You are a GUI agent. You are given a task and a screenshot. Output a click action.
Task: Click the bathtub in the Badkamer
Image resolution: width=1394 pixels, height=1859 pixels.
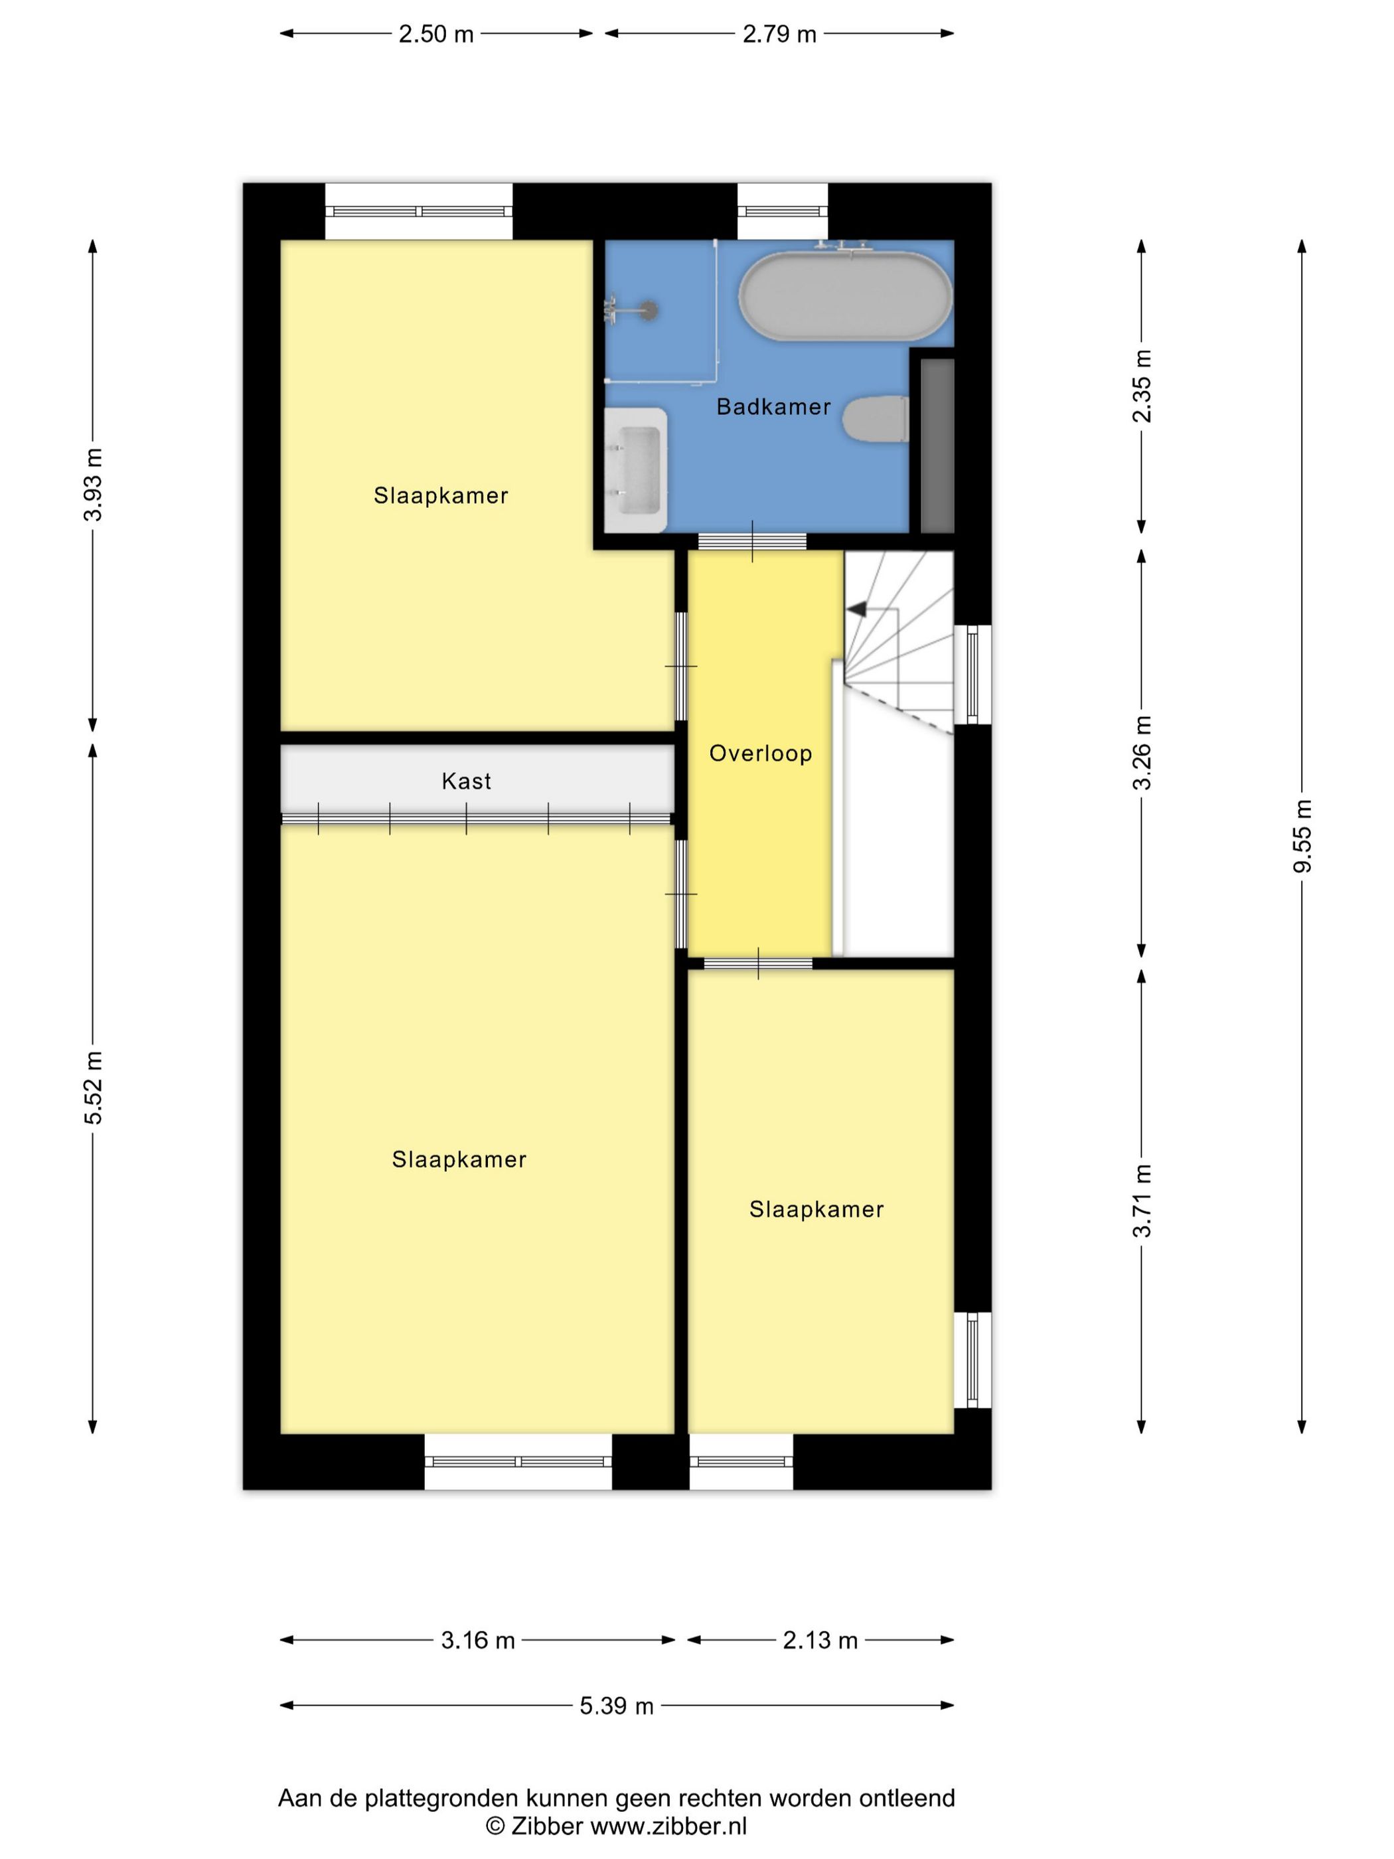(844, 296)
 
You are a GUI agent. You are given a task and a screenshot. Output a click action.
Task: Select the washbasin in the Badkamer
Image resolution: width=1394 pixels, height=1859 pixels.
(636, 470)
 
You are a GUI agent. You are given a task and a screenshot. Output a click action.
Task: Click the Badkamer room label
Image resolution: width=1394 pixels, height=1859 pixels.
(773, 407)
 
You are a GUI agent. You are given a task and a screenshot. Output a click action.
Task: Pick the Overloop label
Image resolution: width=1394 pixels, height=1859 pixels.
(761, 753)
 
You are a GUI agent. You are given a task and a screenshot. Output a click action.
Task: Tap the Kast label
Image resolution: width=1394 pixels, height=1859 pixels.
(467, 781)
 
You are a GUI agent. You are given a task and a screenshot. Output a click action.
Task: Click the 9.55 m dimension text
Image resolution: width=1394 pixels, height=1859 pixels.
(1302, 835)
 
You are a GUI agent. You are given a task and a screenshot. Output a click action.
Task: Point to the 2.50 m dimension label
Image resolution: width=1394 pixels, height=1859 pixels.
(436, 35)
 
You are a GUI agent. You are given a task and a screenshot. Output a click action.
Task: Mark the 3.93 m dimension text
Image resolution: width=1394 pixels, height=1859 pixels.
(94, 484)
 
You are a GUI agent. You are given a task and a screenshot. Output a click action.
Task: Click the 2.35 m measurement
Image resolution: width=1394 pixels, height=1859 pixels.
(1141, 386)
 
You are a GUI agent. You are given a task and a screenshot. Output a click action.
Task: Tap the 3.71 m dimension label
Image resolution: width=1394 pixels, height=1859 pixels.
(1141, 1201)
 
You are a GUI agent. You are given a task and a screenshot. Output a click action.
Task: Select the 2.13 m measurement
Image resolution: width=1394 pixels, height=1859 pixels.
(820, 1640)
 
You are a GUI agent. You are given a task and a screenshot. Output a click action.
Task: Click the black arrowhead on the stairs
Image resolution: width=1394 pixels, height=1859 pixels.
(856, 609)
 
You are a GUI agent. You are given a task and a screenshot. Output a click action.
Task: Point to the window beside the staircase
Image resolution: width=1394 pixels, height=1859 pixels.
(972, 674)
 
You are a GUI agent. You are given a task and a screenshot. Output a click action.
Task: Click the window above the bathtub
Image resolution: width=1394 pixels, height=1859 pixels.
(782, 211)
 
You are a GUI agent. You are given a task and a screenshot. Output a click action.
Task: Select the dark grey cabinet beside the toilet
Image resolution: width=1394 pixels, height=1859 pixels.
(937, 445)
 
